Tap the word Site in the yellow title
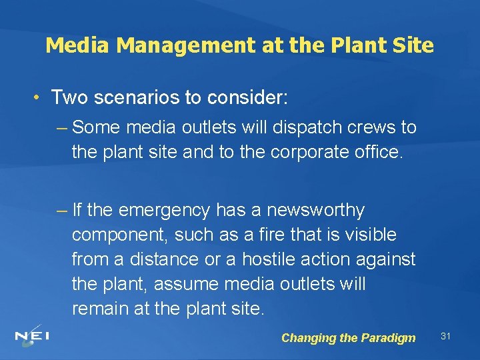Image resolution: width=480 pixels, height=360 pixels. pos(415,45)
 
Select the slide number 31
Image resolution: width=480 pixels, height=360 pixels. pos(446,336)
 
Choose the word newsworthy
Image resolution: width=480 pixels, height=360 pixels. pos(315,211)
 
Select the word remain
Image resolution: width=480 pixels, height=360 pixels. pos(101,309)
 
